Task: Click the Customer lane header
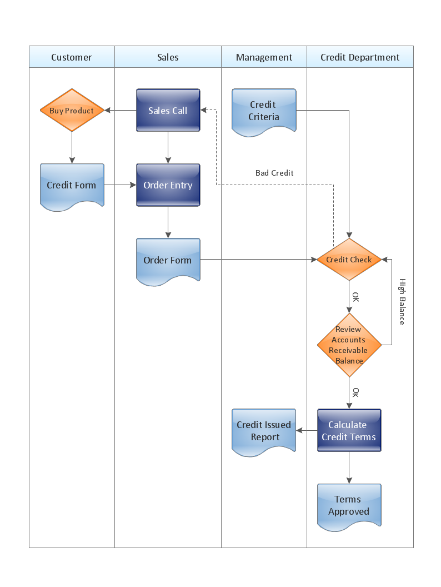coord(72,57)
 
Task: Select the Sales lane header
coord(168,57)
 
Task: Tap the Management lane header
coord(264,57)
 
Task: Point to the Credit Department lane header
coord(360,57)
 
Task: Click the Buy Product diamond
coord(72,111)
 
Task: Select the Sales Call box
coord(168,111)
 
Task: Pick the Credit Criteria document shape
coord(264,111)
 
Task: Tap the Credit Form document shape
coord(72,186)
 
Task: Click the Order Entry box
coord(168,185)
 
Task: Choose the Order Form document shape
coord(168,260)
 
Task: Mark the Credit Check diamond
coord(349,260)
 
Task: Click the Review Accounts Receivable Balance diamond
coord(349,345)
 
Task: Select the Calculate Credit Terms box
coord(349,431)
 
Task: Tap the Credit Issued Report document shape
coord(264,431)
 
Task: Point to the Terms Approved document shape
coord(349,506)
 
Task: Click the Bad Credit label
coord(274,173)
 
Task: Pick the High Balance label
coord(402,301)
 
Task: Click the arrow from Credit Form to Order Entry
coord(120,185)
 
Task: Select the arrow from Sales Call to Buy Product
coord(121,111)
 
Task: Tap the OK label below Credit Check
coord(355,297)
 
